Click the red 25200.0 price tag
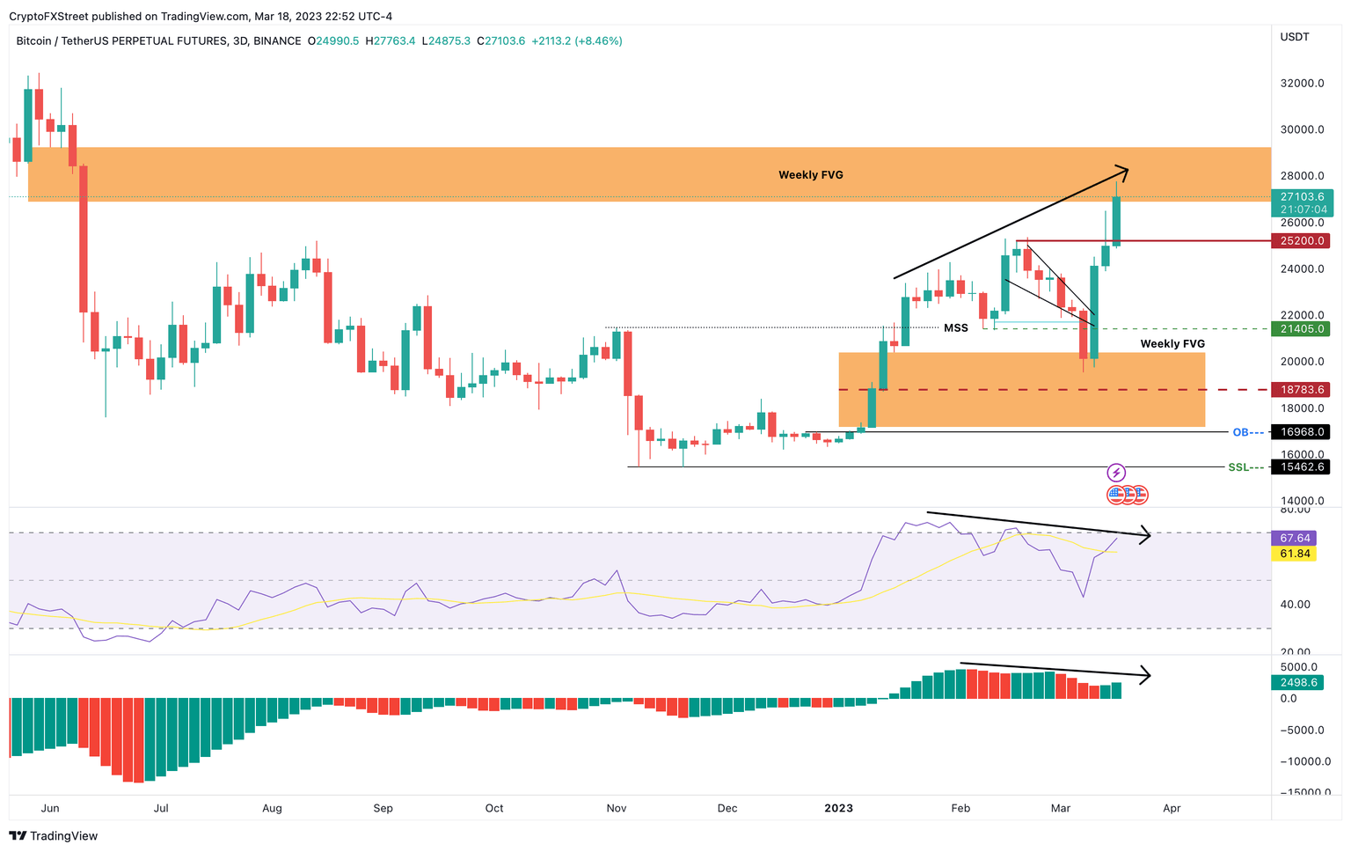point(1302,240)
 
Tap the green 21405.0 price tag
point(1302,328)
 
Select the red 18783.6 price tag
point(1302,389)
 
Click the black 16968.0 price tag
point(1302,432)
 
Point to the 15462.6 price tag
point(1302,466)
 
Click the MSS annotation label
point(956,328)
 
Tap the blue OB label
point(1240,432)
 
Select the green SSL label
point(1238,467)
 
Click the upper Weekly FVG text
point(810,175)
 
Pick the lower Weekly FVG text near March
point(1172,344)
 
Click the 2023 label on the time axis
point(838,808)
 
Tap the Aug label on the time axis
point(272,808)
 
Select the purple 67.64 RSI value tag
point(1295,538)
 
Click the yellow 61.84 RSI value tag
point(1295,554)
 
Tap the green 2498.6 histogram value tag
point(1298,682)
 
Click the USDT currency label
point(1295,37)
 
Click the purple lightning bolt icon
point(1116,473)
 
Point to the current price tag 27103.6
point(1302,197)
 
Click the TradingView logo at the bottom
point(54,836)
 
